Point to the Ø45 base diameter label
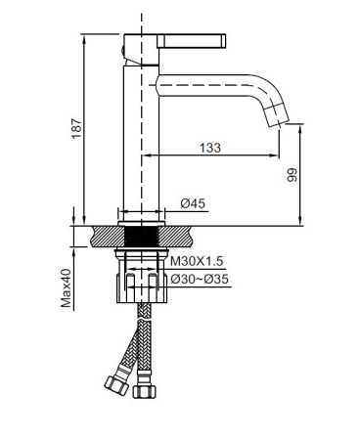coord(193,203)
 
